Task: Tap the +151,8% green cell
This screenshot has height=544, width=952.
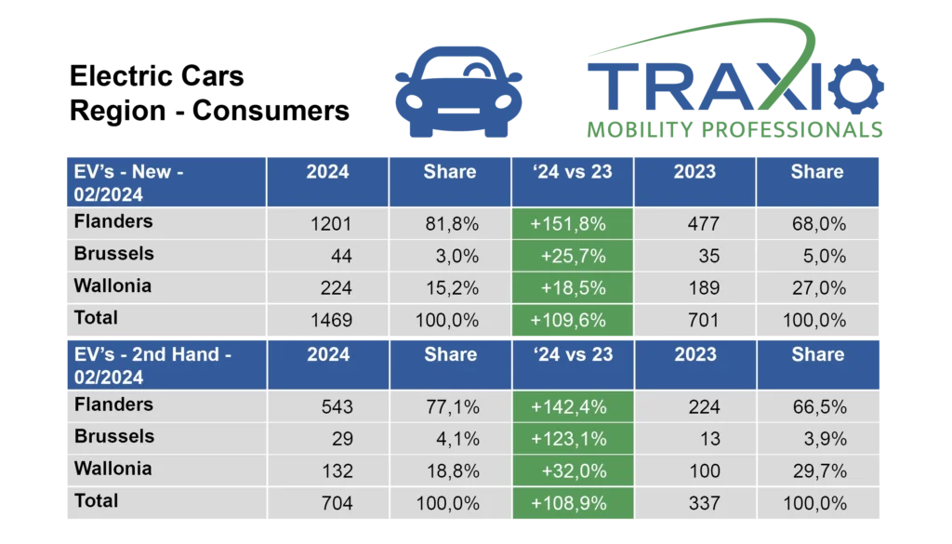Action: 573,223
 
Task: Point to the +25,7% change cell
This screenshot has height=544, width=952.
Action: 573,256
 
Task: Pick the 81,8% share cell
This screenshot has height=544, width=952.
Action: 450,223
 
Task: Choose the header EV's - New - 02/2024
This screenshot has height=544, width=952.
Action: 129,181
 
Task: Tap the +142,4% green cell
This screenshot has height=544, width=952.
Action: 573,406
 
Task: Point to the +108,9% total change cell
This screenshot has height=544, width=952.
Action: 573,503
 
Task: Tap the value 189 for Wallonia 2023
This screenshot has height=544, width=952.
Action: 703,288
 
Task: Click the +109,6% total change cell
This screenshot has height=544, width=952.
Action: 573,320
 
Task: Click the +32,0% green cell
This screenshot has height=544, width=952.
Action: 573,471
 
